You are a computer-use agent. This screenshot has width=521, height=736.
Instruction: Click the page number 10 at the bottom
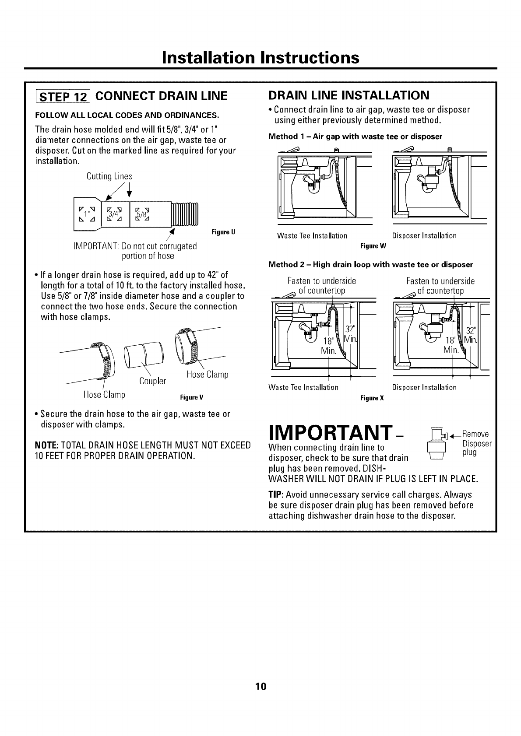pos(261,686)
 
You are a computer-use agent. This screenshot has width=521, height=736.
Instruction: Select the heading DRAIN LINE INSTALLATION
pos(349,95)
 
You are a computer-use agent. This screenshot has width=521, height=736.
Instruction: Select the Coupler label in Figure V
pos(152,381)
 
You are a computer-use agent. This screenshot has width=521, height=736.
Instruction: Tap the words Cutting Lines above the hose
pos(109,176)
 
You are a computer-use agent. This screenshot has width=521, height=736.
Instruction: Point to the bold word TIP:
pos(276,494)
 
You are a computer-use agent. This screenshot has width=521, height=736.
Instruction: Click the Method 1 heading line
pos(355,137)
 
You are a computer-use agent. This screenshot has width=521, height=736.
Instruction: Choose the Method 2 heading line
pos(370,265)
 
